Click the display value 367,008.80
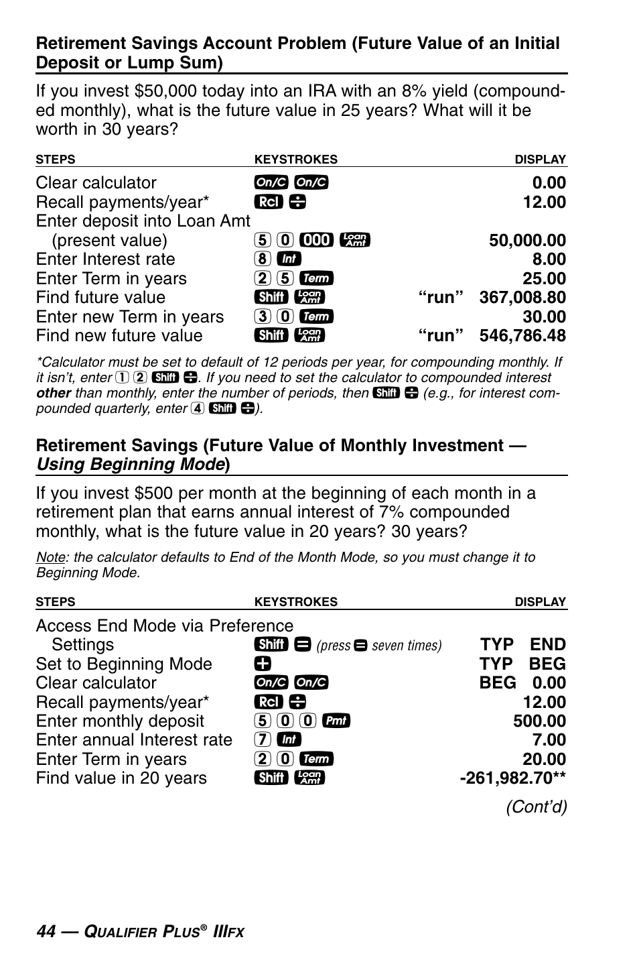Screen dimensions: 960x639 point(522,298)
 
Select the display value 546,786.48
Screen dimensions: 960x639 point(522,336)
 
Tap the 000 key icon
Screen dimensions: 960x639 point(316,240)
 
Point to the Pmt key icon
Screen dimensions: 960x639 point(336,721)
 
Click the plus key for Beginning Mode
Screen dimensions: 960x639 point(262,664)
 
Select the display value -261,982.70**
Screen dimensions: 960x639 point(513,778)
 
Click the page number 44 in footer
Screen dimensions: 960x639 point(46,931)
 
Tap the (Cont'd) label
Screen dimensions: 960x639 point(537,806)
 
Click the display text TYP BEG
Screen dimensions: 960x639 point(522,664)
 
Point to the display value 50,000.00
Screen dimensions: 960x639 point(527,241)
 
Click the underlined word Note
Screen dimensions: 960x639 point(50,558)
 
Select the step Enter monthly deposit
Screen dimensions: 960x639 point(120,721)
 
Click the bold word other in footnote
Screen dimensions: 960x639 point(54,394)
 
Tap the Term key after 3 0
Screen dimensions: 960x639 point(317,316)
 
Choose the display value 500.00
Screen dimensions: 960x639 point(539,721)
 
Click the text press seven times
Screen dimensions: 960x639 point(379,646)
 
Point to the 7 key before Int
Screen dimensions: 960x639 point(263,740)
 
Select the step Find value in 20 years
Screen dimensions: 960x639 point(121,778)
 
